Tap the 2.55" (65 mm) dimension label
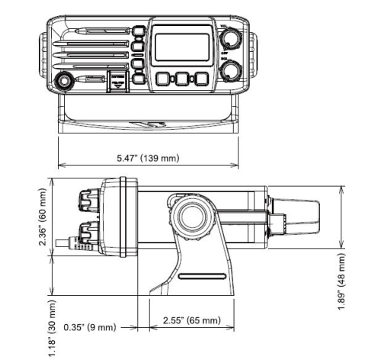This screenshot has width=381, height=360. pos(187,320)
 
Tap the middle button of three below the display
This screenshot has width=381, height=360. pos(181,79)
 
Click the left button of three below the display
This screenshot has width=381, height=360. pos(164,79)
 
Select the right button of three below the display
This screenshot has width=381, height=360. pos(200,79)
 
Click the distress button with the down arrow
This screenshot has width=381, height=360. pos(117,82)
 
